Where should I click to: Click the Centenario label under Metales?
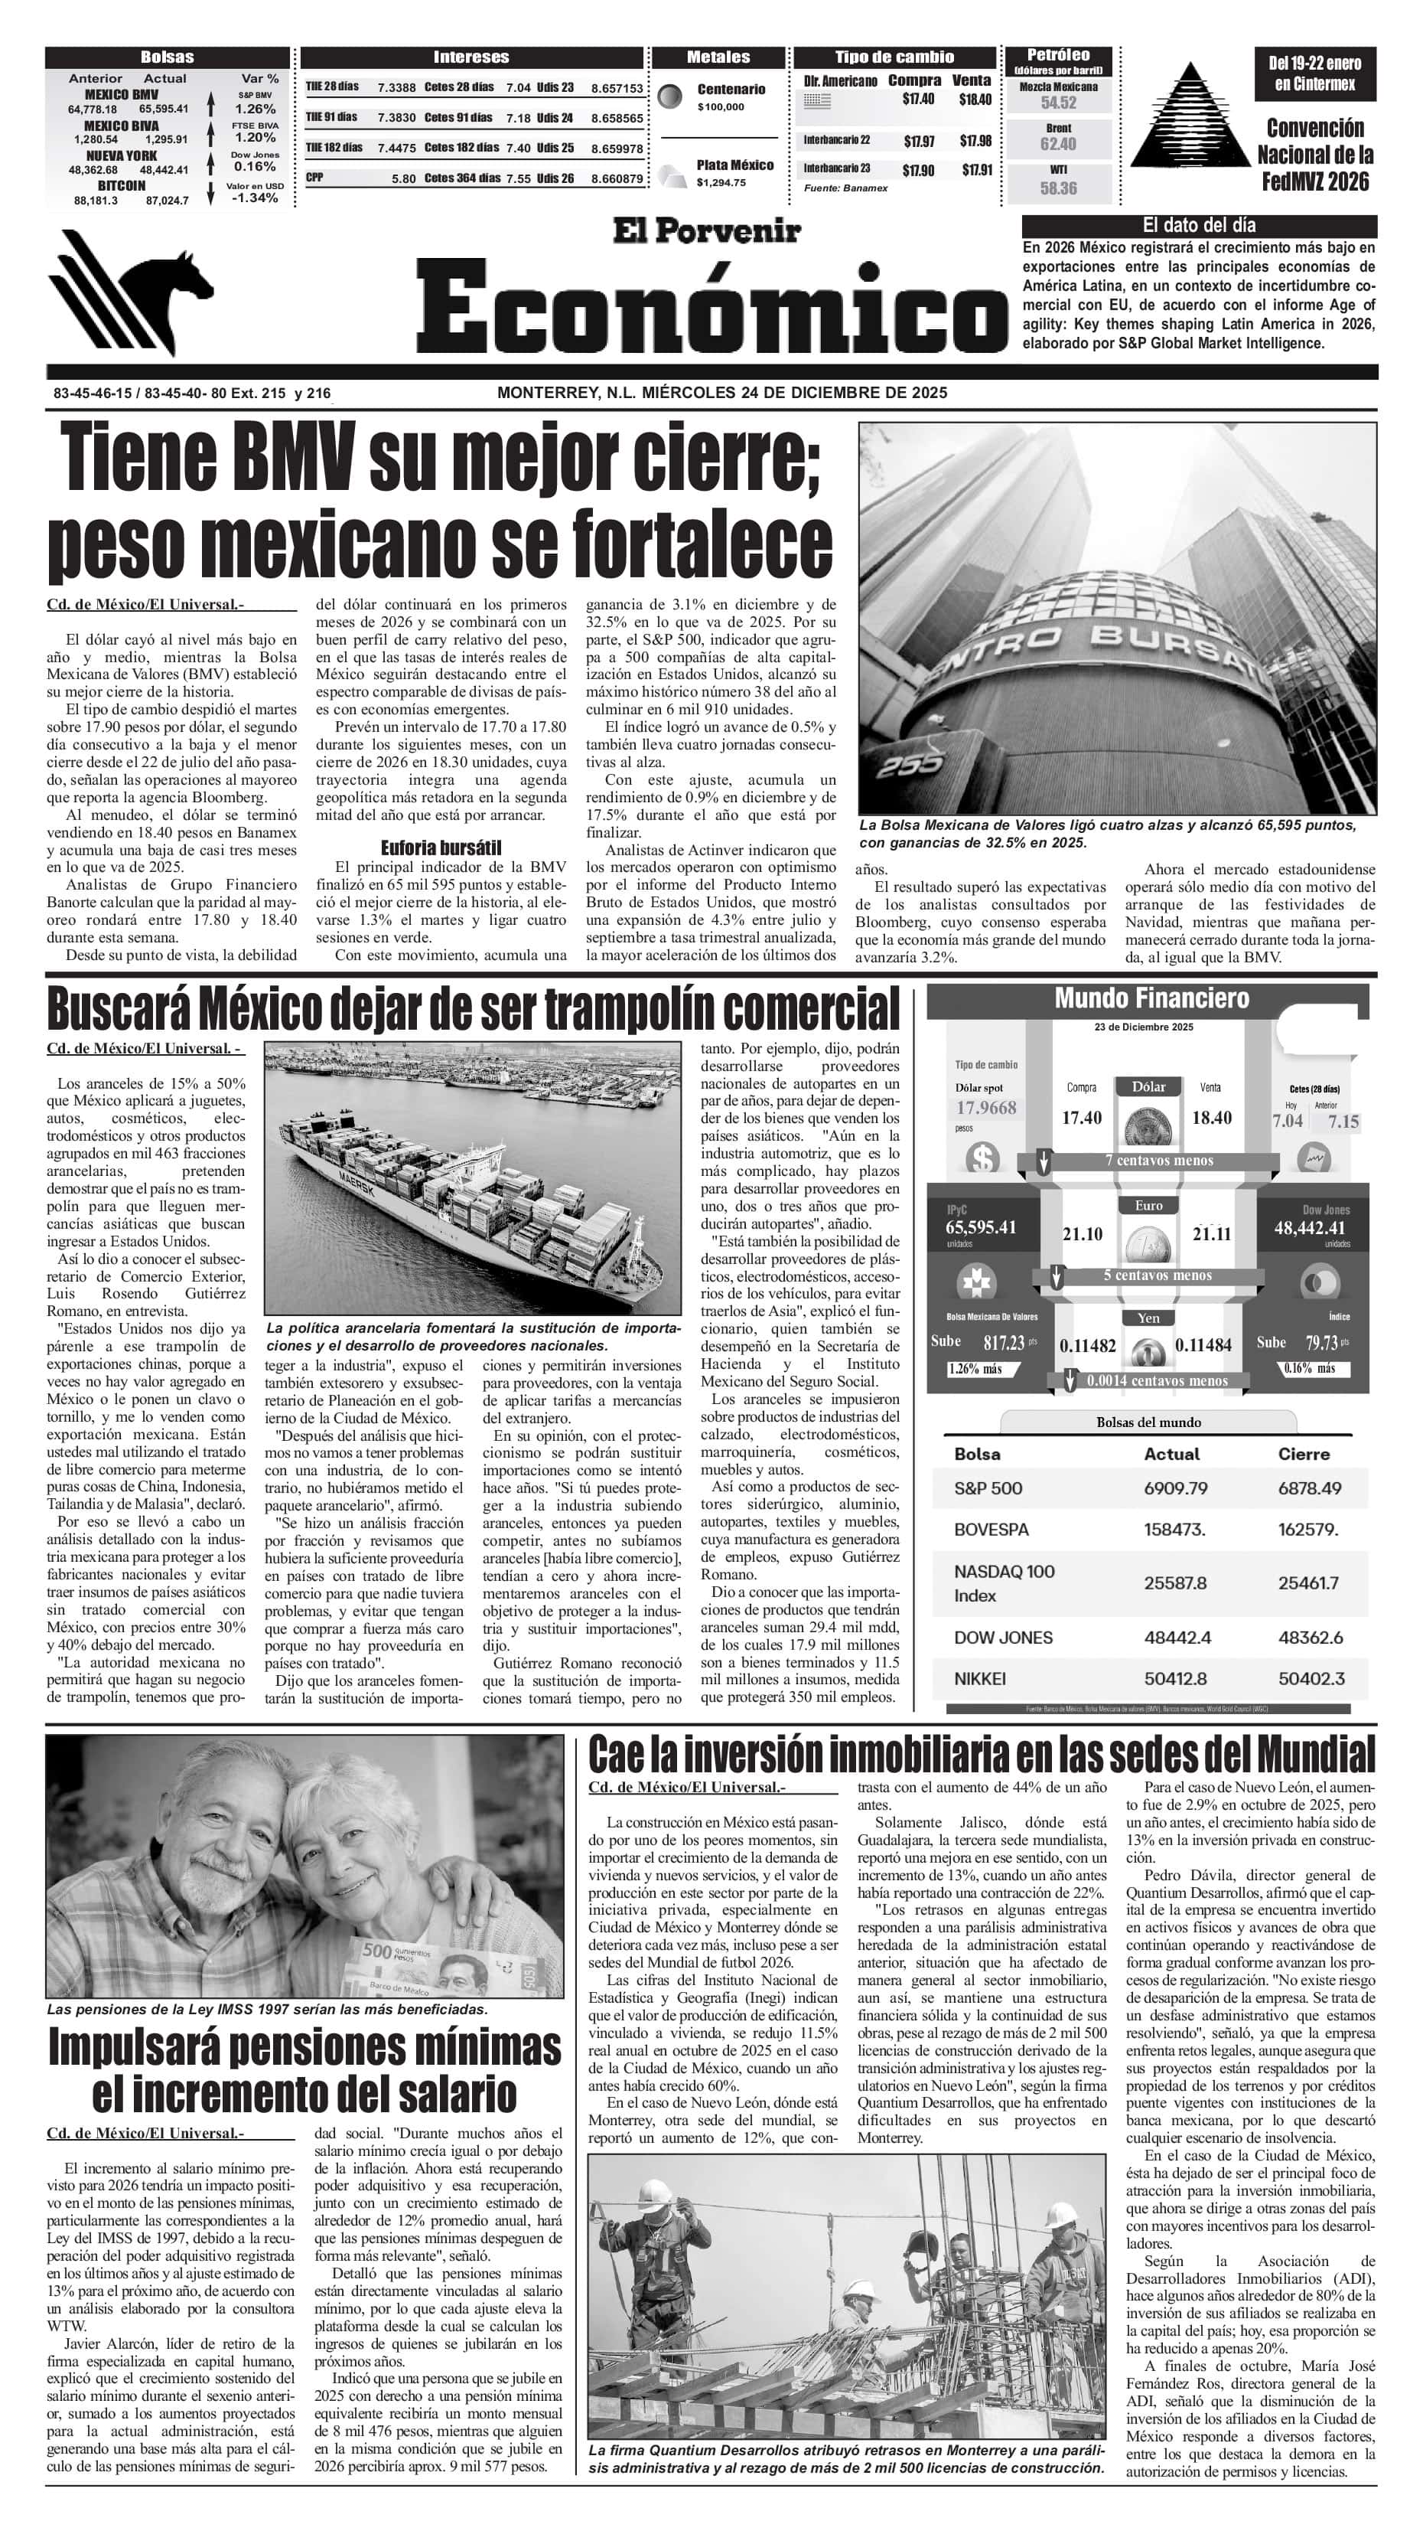731,90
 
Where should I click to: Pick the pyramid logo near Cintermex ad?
1190,116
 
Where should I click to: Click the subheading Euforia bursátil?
441,847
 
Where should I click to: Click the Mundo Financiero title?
1151,998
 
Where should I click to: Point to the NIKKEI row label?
979,1679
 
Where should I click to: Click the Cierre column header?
1303,1454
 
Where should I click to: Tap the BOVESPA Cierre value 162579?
1308,1530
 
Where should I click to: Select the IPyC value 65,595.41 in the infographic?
981,1227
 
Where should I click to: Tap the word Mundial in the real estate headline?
1315,1754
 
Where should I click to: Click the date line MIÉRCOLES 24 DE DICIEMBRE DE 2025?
794,393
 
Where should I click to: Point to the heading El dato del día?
1198,225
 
